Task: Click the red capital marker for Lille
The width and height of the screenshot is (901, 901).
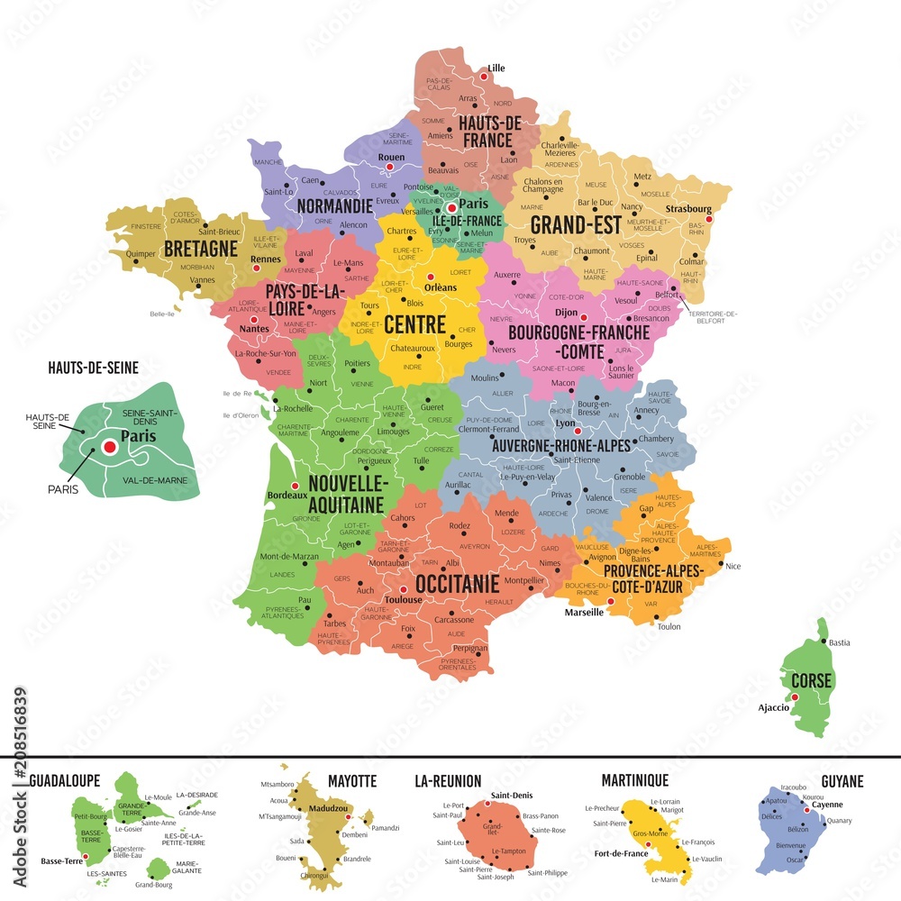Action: click(484, 77)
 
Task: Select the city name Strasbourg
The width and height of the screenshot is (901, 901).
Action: click(688, 209)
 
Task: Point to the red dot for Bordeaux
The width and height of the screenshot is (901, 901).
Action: click(269, 486)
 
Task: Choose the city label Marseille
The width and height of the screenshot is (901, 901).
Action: click(584, 613)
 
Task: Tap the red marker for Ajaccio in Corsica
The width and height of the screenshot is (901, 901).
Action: click(795, 696)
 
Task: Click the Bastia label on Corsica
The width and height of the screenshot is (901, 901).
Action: click(839, 642)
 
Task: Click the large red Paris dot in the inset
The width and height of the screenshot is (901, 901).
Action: click(110, 446)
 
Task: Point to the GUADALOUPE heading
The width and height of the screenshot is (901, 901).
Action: click(65, 780)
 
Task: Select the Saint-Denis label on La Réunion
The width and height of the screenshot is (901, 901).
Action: click(512, 796)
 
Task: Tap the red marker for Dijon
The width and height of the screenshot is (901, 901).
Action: click(584, 318)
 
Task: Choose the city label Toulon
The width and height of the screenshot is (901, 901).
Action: click(669, 626)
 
